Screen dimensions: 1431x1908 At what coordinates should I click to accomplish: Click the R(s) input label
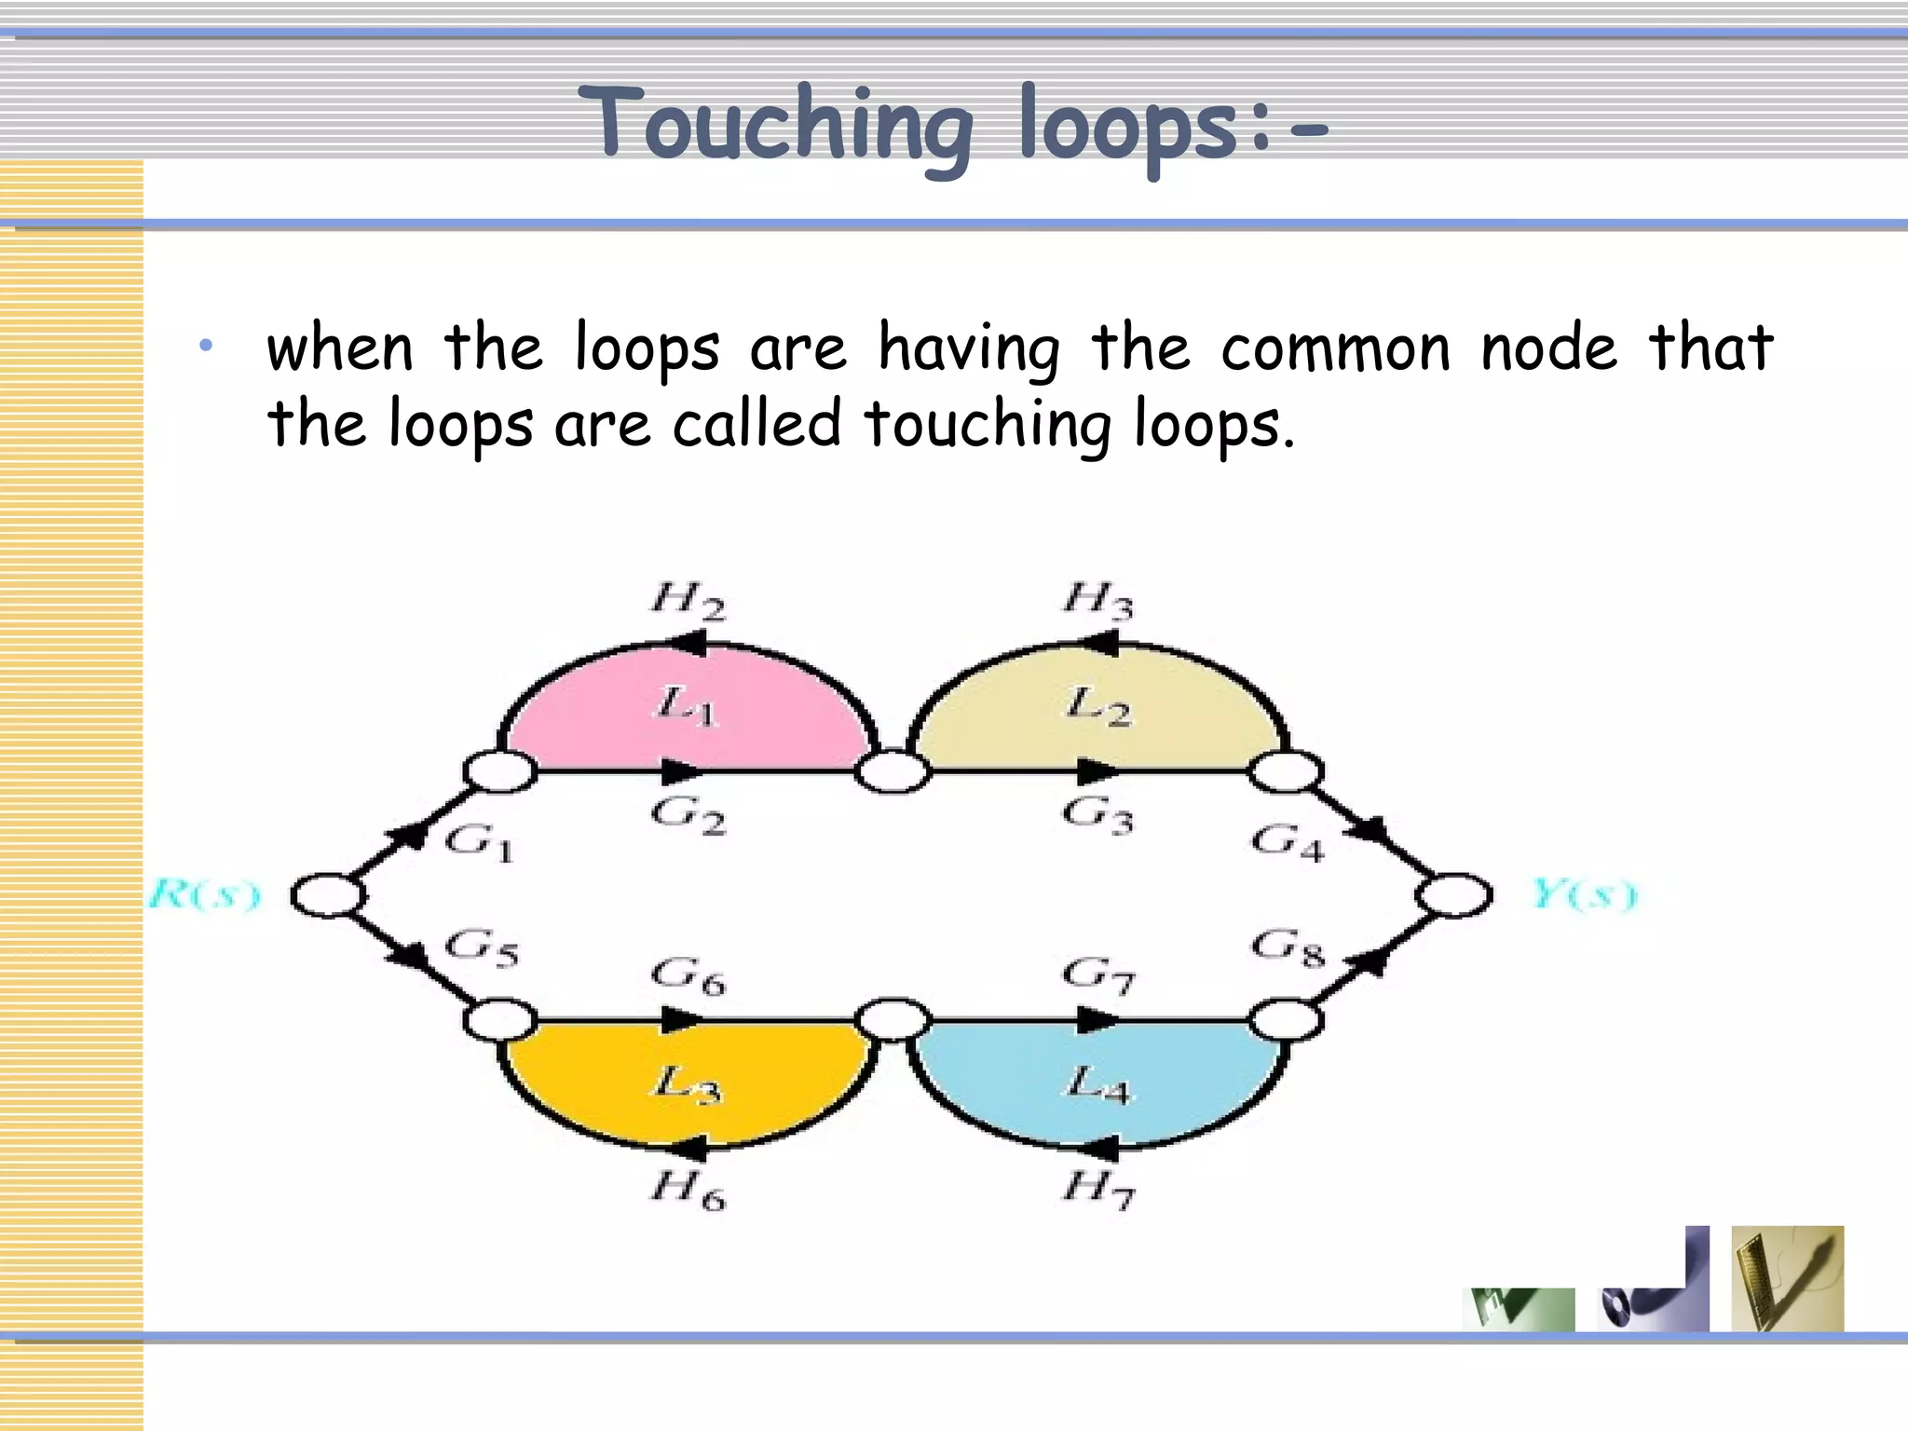(205, 894)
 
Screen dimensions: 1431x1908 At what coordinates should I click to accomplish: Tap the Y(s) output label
(1584, 894)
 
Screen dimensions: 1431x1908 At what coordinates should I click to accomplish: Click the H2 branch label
(688, 600)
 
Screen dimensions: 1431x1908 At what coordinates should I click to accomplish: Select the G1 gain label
(479, 842)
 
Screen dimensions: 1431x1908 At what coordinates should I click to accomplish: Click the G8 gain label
(1288, 948)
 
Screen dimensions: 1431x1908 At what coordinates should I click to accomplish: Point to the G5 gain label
(481, 948)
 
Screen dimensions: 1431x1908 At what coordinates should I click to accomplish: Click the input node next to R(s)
(327, 895)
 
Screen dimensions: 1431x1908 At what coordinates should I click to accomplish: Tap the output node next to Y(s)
(1453, 895)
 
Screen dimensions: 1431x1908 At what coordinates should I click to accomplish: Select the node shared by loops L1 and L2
(893, 772)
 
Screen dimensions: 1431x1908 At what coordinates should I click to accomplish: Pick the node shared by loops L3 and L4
(893, 1020)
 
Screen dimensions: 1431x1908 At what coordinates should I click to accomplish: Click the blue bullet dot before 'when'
(206, 347)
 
